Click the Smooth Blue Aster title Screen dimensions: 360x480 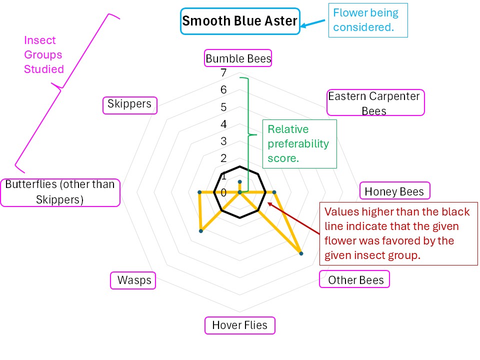pos(239,21)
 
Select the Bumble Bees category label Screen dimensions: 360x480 pos(238,58)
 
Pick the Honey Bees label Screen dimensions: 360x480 pos(394,191)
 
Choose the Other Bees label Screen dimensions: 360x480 pos(355,280)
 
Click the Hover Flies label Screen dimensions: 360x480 pos(239,325)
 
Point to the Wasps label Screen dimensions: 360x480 pos(133,280)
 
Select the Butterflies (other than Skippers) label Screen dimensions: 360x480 pos(60,192)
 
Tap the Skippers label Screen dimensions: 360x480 pos(129,104)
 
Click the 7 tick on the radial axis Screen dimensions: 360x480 pos(223,73)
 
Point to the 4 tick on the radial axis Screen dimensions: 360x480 pos(223,124)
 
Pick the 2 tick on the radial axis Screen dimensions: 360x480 pos(223,158)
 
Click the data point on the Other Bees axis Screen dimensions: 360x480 pos(301,254)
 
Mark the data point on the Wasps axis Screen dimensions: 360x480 pos(200,231)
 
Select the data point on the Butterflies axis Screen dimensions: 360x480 pos(199,192)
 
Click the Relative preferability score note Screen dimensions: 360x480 pos(298,144)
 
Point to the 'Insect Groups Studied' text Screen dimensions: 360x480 pos(44,55)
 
